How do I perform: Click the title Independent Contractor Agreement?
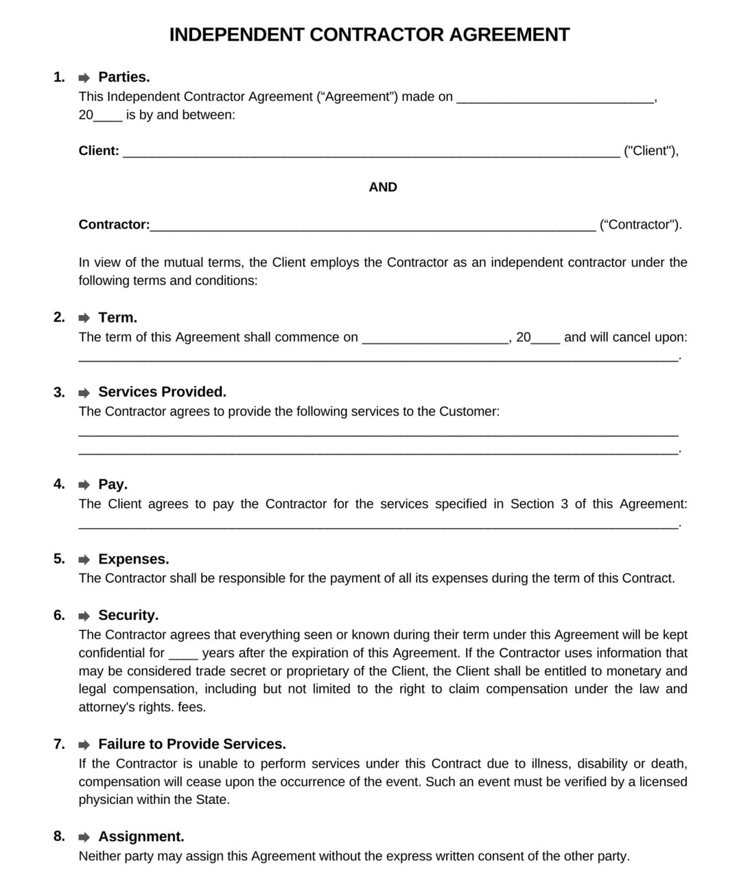pyautogui.click(x=369, y=35)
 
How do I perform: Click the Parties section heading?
pyautogui.click(x=123, y=77)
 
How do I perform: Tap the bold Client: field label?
pyautogui.click(x=99, y=151)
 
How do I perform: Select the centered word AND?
pyautogui.click(x=383, y=187)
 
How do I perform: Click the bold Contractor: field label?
pyautogui.click(x=114, y=225)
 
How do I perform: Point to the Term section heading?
pyautogui.click(x=117, y=317)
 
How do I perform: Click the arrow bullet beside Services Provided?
pyautogui.click(x=84, y=393)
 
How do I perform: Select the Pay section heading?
pyautogui.click(x=113, y=484)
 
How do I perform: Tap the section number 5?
pyautogui.click(x=59, y=559)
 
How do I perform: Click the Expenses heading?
pyautogui.click(x=133, y=559)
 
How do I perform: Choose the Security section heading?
pyautogui.click(x=128, y=615)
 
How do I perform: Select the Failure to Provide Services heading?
pyautogui.click(x=191, y=744)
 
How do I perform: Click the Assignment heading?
pyautogui.click(x=141, y=836)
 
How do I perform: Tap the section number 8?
pyautogui.click(x=59, y=836)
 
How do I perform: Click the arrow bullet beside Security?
pyautogui.click(x=84, y=616)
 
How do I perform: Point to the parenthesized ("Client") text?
pyautogui.click(x=650, y=151)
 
